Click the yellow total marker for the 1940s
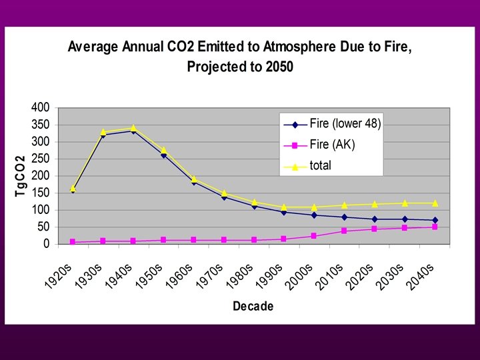[133, 127]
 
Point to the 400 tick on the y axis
[41, 107]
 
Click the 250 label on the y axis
[41, 159]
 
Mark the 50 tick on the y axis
[43, 227]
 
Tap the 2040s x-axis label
[421, 276]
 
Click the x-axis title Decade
[253, 307]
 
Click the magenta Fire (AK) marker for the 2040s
[435, 227]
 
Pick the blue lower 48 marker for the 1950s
[163, 155]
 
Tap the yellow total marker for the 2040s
[435, 203]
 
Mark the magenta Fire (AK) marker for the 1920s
[73, 242]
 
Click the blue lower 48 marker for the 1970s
[224, 197]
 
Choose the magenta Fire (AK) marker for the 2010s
[344, 231]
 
